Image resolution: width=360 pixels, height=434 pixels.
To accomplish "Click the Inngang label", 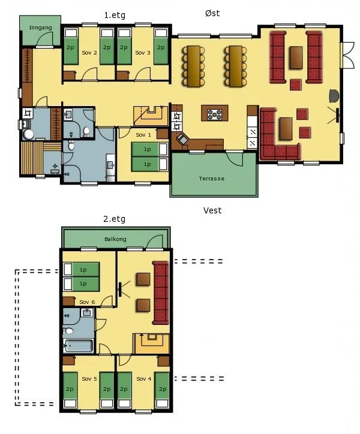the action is point(40,28).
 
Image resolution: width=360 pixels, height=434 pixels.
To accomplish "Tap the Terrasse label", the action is point(211,179).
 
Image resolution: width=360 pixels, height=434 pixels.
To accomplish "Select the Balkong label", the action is point(115,239).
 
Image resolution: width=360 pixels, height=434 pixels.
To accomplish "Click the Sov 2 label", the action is point(89,53).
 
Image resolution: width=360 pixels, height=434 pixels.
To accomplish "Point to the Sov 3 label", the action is point(143,53).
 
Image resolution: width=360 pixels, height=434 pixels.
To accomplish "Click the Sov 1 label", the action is point(143,135).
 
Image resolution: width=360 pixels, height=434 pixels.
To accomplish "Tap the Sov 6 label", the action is point(87,302).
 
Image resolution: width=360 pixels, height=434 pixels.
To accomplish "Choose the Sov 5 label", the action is point(89,379).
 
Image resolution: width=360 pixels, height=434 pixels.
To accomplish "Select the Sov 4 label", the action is point(144,379).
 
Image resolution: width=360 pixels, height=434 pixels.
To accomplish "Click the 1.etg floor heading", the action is point(115,15).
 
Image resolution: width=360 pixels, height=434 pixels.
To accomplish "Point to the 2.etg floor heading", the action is point(114,219).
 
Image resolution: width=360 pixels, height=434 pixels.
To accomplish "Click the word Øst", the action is point(212,13).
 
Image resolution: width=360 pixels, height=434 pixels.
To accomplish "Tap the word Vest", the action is point(212,210).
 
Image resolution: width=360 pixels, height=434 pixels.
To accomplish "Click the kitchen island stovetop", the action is point(215,114).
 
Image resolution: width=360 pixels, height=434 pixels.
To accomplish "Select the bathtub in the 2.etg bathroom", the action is point(79,345).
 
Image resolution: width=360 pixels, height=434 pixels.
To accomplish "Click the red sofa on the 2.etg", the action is point(161,293).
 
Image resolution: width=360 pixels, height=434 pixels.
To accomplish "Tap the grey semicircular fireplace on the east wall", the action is point(334,96).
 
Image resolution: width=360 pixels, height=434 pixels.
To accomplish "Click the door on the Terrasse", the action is point(235,159).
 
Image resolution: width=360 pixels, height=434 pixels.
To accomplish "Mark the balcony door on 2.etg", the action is point(154,242).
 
